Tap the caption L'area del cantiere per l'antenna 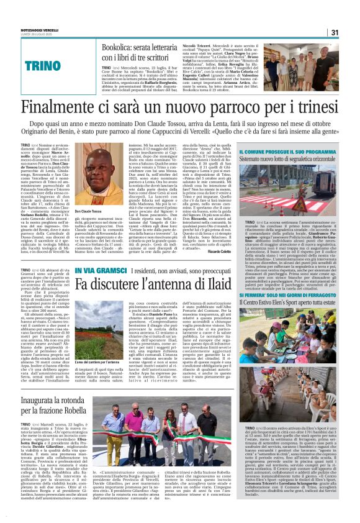coord(94,361)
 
